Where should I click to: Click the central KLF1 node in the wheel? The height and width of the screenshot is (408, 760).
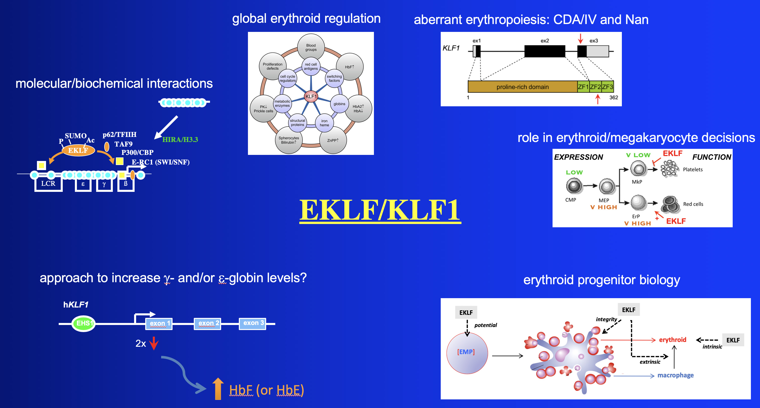click(311, 96)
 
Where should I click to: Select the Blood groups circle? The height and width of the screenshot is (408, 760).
click(311, 47)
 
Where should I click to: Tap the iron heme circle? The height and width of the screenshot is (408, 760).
click(324, 123)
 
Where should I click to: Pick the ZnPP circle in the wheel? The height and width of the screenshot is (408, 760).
click(333, 140)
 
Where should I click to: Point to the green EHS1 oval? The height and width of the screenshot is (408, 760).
click(84, 323)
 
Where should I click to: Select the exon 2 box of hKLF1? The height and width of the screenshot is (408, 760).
click(208, 323)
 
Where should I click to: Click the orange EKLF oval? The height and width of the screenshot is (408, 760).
click(78, 150)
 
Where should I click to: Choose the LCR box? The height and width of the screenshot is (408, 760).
click(48, 184)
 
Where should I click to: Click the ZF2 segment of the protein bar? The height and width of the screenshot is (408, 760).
click(595, 87)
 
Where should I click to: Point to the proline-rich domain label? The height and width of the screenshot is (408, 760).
click(522, 87)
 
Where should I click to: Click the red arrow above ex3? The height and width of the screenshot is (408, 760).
click(580, 38)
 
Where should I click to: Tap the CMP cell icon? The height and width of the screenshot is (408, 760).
click(574, 186)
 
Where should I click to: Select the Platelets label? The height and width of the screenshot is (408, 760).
click(692, 170)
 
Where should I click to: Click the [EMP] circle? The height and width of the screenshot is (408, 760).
click(467, 353)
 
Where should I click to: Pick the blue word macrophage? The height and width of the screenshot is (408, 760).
click(675, 375)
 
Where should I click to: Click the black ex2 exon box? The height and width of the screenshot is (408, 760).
click(544, 51)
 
